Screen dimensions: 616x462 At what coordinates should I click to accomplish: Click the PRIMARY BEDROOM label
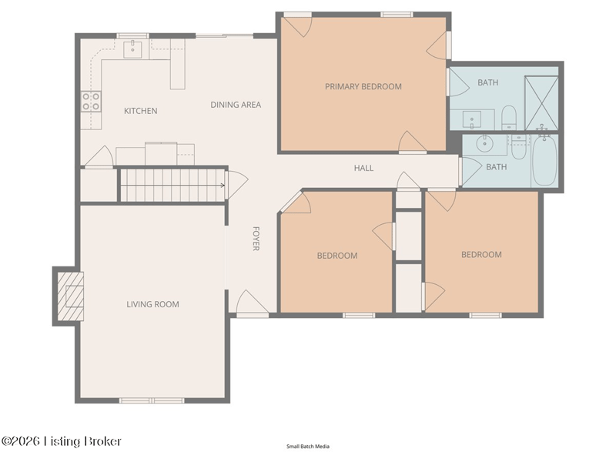pyautogui.click(x=363, y=86)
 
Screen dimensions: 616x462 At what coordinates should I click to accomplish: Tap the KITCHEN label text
pyautogui.click(x=141, y=111)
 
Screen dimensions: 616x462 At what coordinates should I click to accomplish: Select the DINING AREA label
pyautogui.click(x=236, y=105)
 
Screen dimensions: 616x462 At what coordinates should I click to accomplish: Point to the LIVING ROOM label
pyautogui.click(x=152, y=304)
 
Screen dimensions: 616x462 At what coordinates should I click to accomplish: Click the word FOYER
pyautogui.click(x=256, y=239)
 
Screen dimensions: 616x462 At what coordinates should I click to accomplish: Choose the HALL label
pyautogui.click(x=363, y=168)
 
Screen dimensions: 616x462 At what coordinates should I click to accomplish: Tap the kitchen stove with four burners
pyautogui.click(x=91, y=101)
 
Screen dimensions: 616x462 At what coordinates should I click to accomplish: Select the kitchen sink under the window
pyautogui.click(x=132, y=49)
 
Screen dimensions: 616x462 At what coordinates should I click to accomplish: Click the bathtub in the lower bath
pyautogui.click(x=544, y=161)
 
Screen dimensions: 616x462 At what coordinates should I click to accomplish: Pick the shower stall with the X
pyautogui.click(x=541, y=103)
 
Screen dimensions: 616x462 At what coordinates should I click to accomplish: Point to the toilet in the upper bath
pyautogui.click(x=509, y=117)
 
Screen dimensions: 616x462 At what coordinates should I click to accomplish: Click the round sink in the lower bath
pyautogui.click(x=485, y=143)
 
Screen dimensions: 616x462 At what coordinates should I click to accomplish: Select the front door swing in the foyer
pyautogui.click(x=253, y=302)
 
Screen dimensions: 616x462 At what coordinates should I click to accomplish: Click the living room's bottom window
pyautogui.click(x=152, y=400)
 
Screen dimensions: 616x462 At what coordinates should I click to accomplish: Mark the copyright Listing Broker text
pyautogui.click(x=62, y=441)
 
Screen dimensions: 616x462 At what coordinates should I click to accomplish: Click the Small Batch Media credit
pyautogui.click(x=308, y=447)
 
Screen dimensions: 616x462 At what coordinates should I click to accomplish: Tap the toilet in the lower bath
pyautogui.click(x=518, y=147)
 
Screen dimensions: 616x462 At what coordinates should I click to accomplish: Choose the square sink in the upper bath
pyautogui.click(x=472, y=119)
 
